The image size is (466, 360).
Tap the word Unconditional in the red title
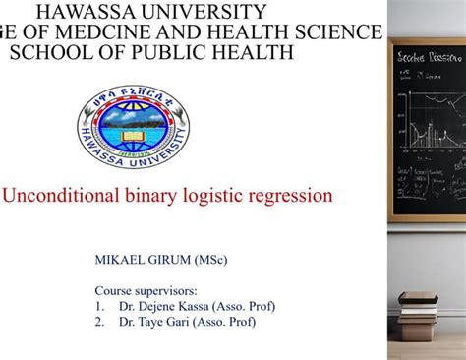click(62, 196)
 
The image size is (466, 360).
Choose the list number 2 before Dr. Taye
click(99, 321)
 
